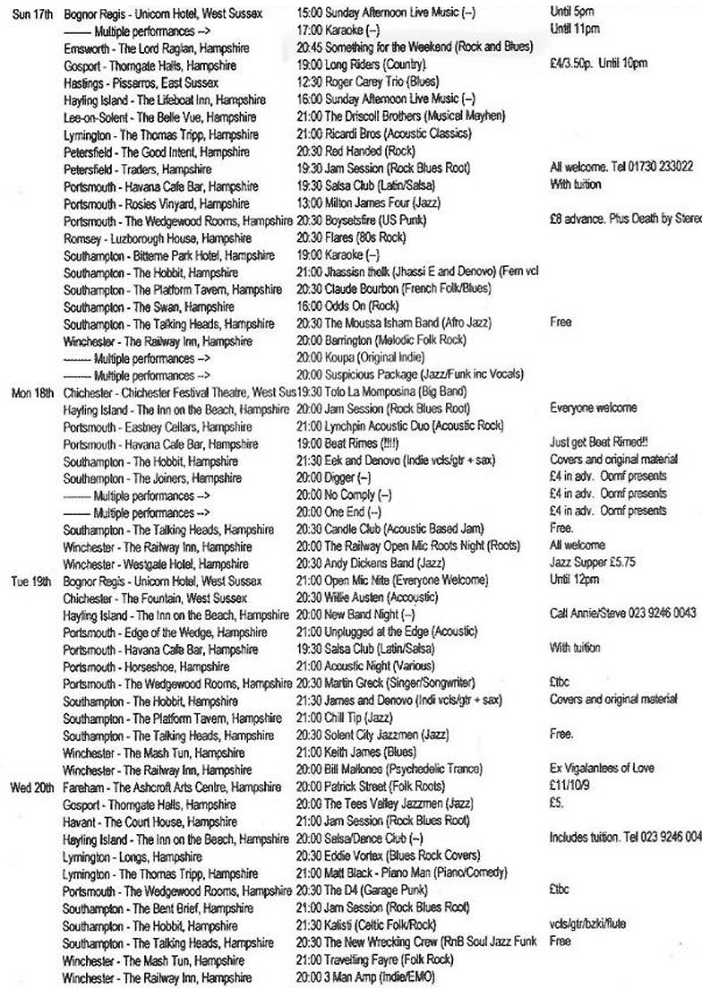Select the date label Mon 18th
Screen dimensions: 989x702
pos(30,392)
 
